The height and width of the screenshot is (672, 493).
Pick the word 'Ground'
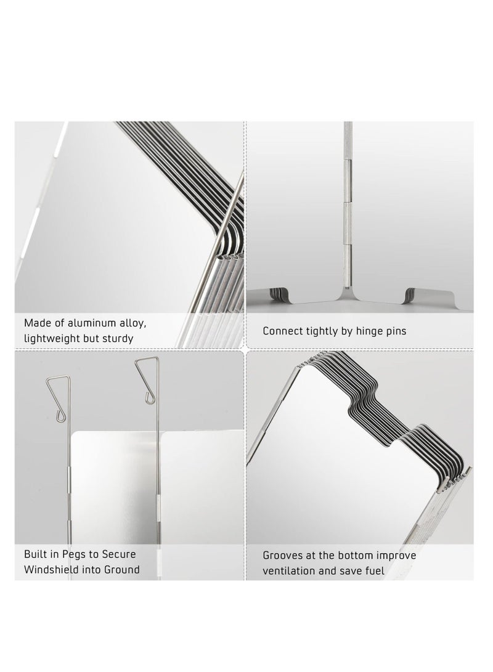coord(122,569)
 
